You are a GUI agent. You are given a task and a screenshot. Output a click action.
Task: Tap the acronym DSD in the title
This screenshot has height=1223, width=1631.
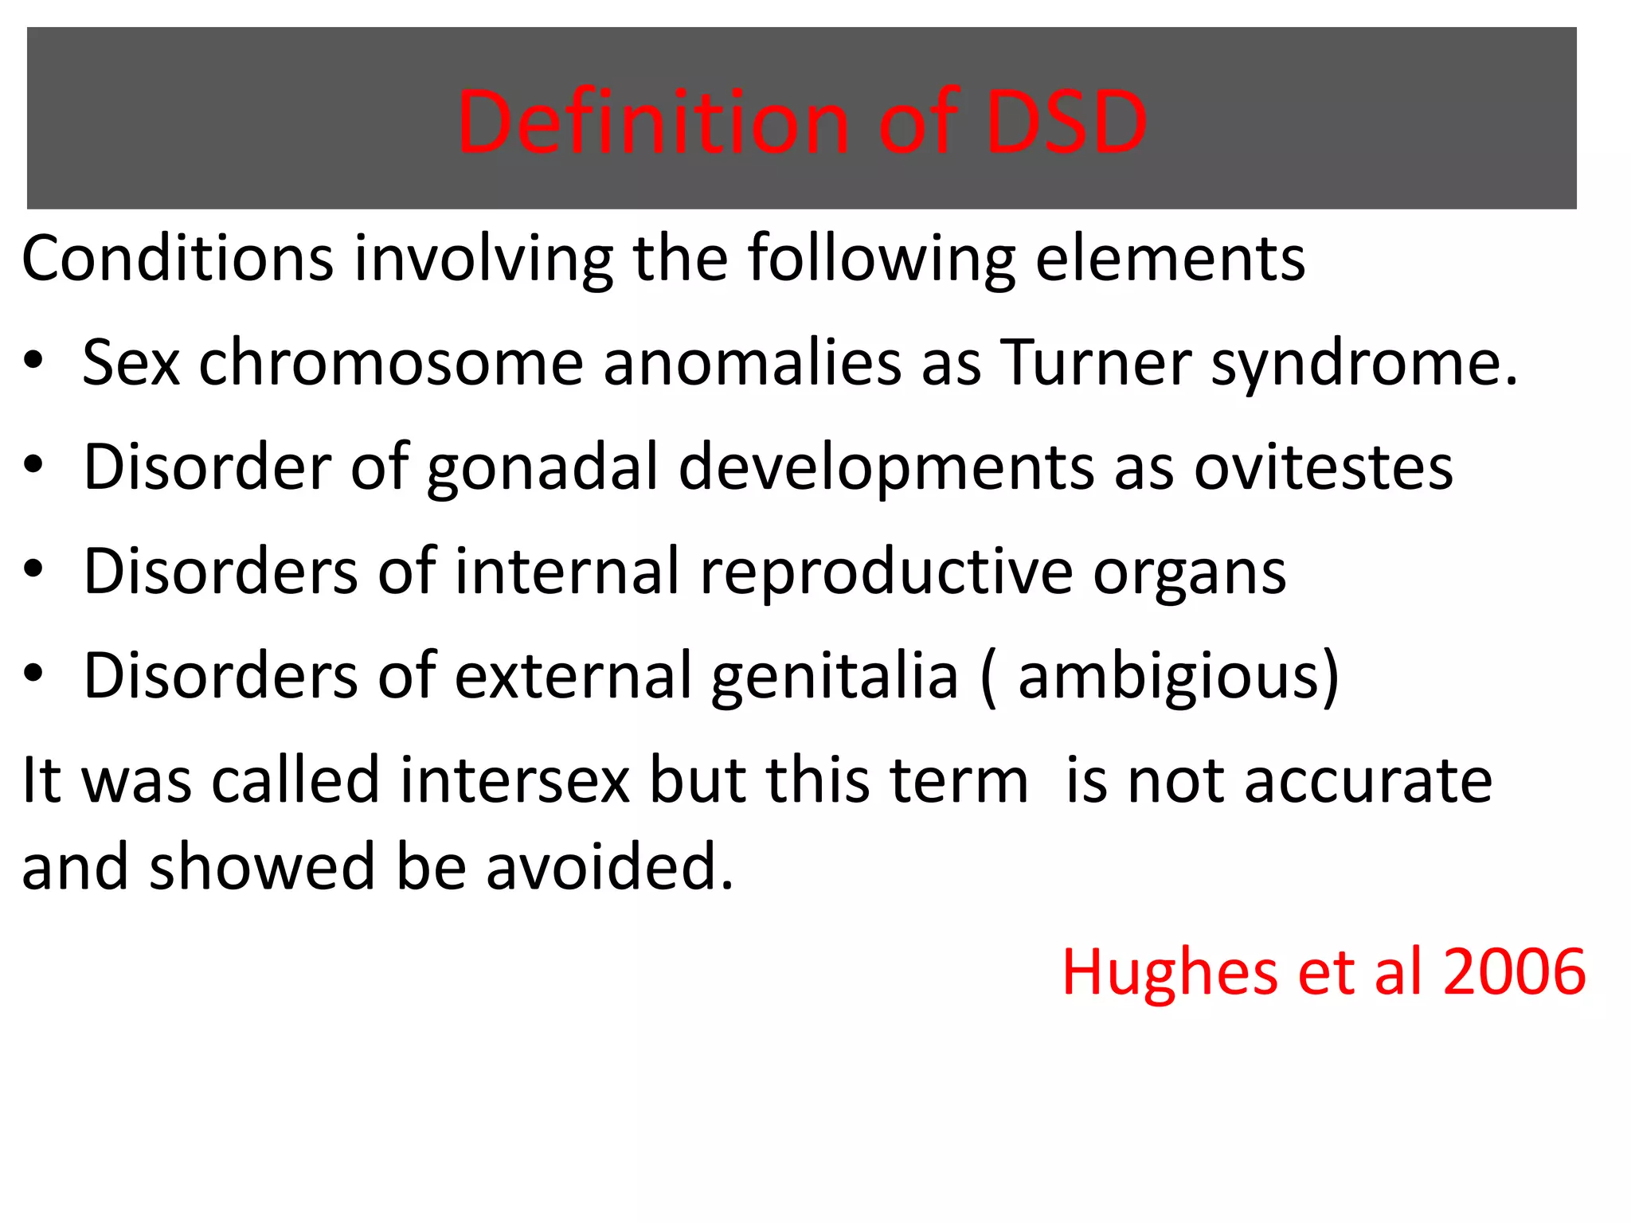pyautogui.click(x=1066, y=122)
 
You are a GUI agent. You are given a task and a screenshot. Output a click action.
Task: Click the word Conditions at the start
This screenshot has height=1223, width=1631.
pyautogui.click(x=177, y=259)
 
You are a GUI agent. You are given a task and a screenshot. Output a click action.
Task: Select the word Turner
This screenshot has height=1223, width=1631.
pyautogui.click(x=1095, y=362)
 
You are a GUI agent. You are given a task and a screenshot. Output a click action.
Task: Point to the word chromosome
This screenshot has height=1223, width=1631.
pyautogui.click(x=391, y=362)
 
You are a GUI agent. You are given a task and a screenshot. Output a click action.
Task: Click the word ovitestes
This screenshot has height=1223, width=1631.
pyautogui.click(x=1323, y=467)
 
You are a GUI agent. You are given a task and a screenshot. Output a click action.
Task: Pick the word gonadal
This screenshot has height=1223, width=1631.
pyautogui.click(x=542, y=467)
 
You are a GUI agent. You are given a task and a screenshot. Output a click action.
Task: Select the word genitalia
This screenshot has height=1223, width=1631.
pyautogui.click(x=835, y=676)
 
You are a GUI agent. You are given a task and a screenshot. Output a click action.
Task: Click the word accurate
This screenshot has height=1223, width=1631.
pyautogui.click(x=1368, y=780)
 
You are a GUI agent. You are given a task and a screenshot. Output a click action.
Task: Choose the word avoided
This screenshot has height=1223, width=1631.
pyautogui.click(x=609, y=867)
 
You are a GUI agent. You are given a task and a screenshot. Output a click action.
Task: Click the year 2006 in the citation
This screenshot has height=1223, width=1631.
pyautogui.click(x=1514, y=972)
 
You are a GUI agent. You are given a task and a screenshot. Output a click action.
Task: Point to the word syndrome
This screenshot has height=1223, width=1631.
pyautogui.click(x=1363, y=362)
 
